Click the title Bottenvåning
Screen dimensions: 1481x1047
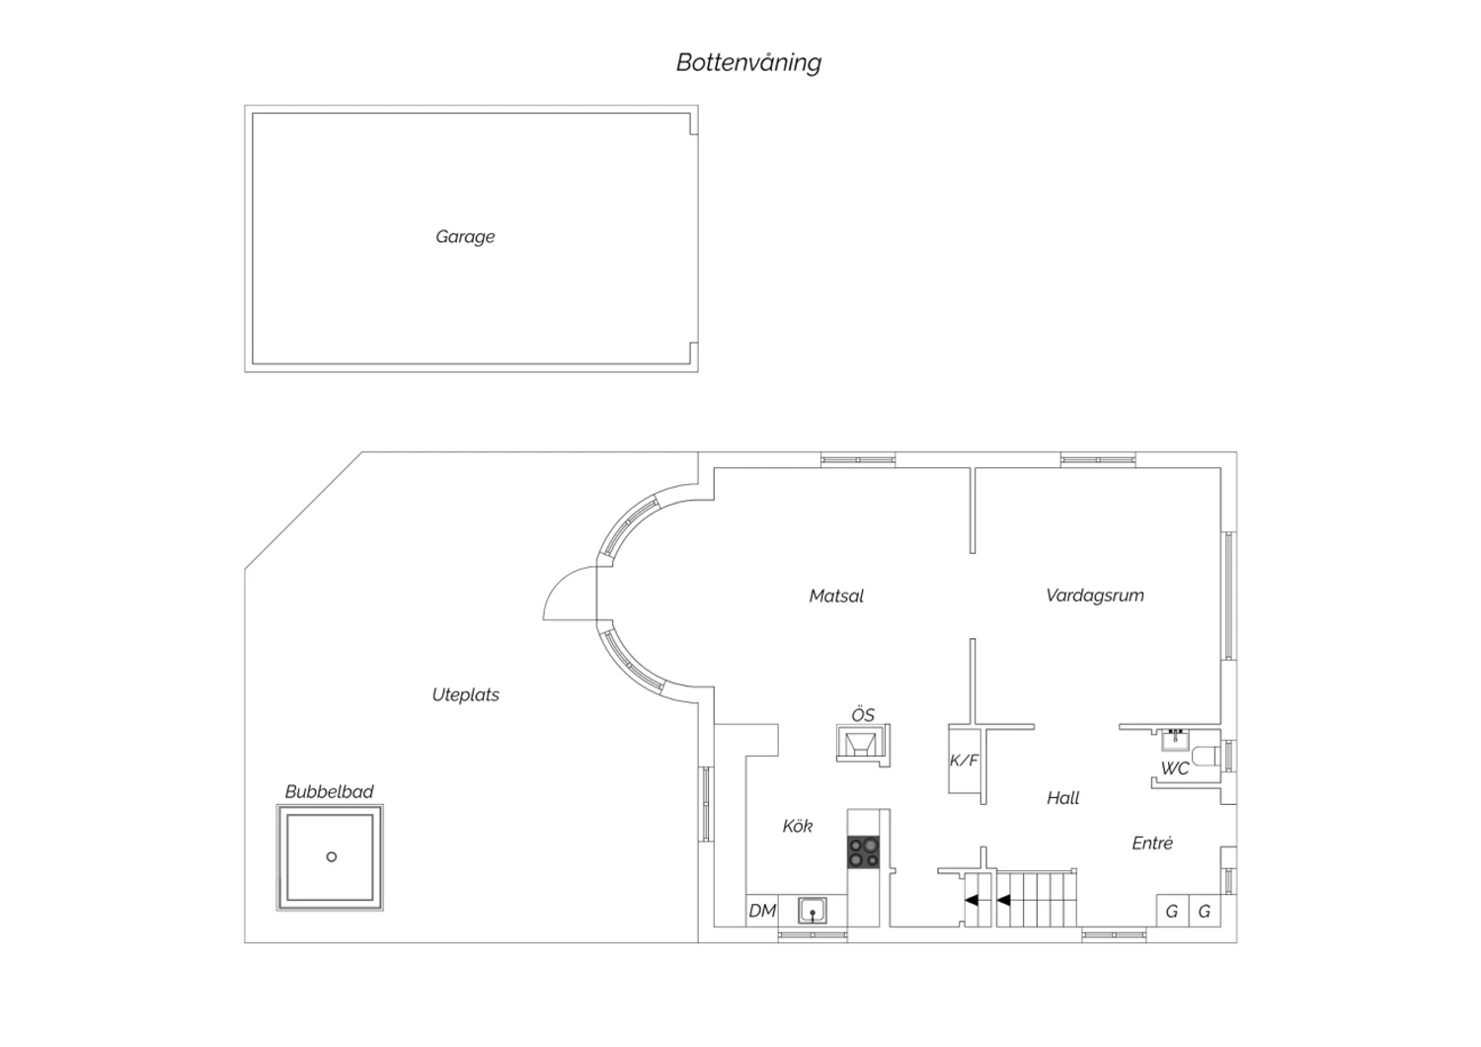pos(748,63)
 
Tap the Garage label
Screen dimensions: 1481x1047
pos(465,237)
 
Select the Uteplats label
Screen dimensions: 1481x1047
pos(465,694)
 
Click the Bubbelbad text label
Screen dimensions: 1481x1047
pos(329,791)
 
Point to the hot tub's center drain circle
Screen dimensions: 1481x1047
pos(331,856)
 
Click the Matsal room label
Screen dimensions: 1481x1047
pos(836,596)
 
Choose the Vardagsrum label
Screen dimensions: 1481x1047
pos(1095,596)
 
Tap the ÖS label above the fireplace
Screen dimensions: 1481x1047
pos(863,715)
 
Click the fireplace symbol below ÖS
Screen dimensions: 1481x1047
pos(863,745)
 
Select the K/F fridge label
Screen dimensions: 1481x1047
pos(964,761)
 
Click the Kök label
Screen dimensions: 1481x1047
pos(798,826)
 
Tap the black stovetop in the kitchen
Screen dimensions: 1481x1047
pos(864,851)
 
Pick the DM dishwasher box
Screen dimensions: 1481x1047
pos(762,911)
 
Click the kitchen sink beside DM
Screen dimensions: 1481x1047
pos(812,911)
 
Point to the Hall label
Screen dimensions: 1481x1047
pos(1063,798)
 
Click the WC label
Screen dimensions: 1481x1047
pos(1175,768)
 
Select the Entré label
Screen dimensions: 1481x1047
pos(1152,843)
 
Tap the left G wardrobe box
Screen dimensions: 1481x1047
pos(1172,911)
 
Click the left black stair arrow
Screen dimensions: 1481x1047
pos(972,900)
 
